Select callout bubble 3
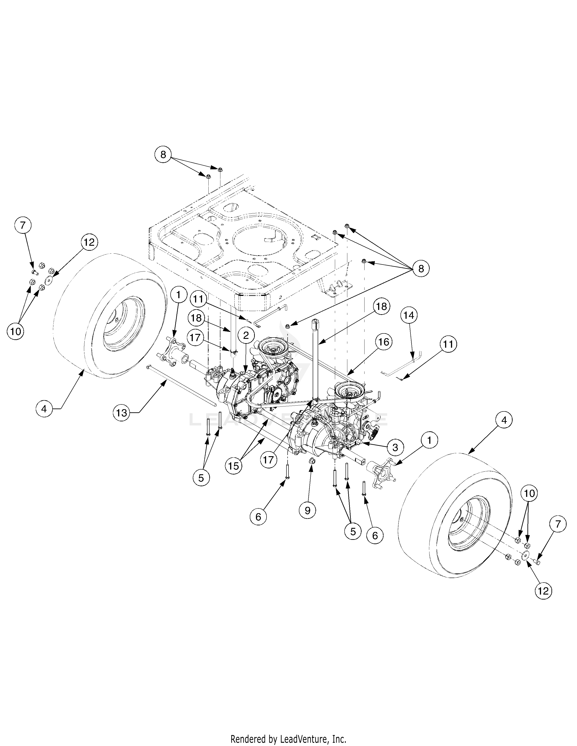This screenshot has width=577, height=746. [395, 447]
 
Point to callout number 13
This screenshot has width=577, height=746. [121, 413]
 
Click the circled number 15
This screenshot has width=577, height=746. [234, 466]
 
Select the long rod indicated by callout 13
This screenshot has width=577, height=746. [181, 386]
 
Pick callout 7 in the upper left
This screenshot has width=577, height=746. [23, 225]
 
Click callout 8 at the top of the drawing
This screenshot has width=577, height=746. [163, 155]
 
